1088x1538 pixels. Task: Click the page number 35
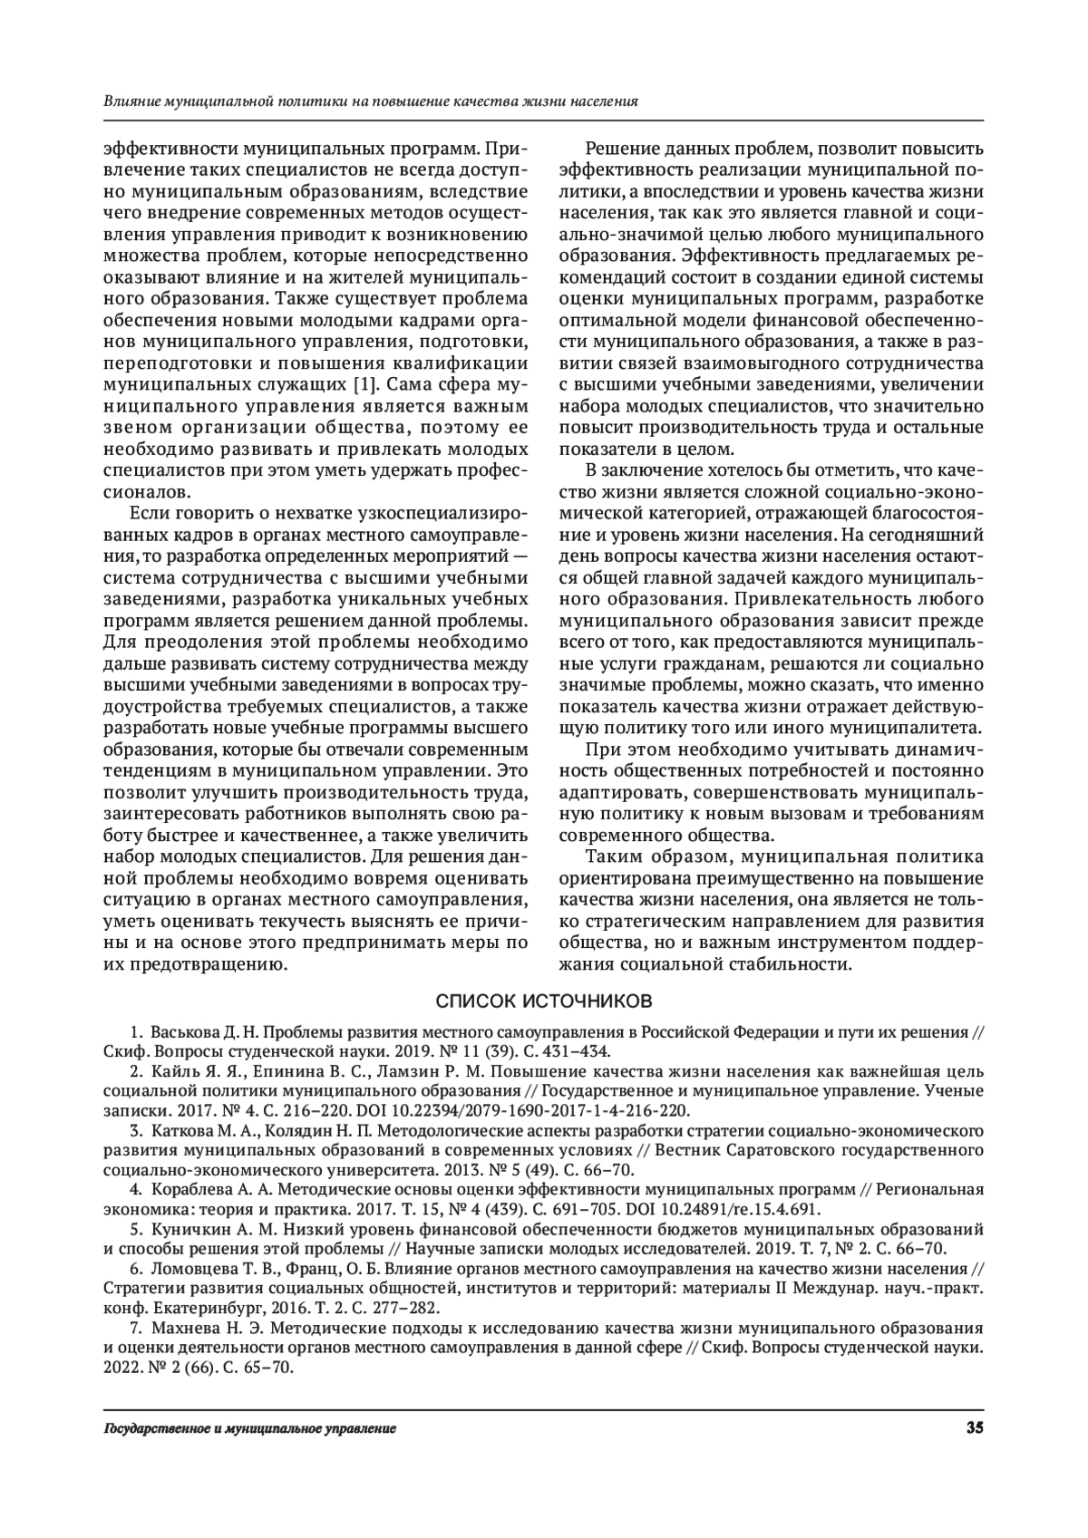coord(975,1428)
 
